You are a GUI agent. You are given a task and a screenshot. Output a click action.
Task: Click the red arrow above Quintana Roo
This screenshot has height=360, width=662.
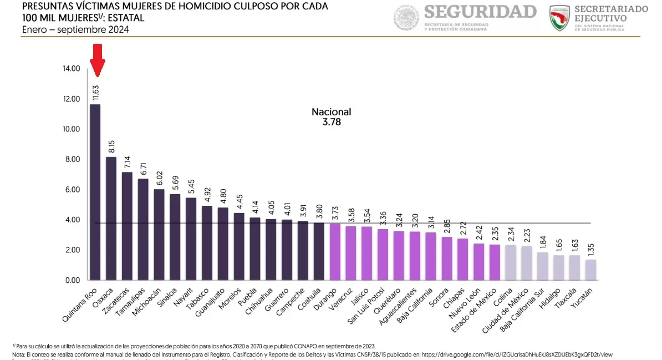point(98,60)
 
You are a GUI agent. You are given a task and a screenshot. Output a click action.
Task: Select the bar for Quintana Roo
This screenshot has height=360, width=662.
point(95,191)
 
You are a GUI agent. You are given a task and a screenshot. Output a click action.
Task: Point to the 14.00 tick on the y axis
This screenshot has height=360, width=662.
point(72,69)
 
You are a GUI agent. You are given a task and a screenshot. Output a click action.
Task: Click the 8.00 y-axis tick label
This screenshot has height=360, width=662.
point(72,159)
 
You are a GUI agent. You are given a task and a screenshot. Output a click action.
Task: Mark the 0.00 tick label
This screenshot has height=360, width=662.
point(72,280)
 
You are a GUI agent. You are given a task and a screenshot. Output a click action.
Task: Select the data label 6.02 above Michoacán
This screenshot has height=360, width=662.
point(159,178)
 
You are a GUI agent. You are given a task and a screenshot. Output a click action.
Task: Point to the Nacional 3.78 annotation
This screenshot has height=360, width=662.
point(331,117)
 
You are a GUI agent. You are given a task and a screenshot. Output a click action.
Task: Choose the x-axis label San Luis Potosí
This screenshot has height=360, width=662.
point(364,308)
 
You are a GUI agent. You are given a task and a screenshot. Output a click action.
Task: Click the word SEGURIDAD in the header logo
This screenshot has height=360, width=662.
point(481,12)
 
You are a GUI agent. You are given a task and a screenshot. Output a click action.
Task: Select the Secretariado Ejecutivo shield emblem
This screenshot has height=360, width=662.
point(559,18)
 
